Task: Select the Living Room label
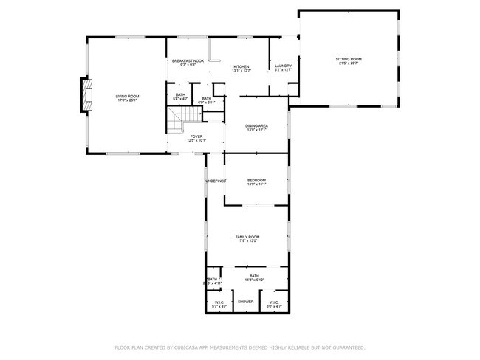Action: point(128,96)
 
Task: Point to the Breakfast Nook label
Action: point(188,61)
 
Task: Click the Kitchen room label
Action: point(241,66)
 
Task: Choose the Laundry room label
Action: point(283,66)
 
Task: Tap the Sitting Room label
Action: point(349,59)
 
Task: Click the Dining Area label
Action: point(256,125)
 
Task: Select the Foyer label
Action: point(196,136)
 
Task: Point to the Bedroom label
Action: point(256,181)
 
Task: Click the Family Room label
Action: point(247,236)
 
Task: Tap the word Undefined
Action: point(215,181)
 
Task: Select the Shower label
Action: point(246,302)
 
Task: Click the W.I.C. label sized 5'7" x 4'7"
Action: point(219,302)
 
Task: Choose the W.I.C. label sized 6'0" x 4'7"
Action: point(272,302)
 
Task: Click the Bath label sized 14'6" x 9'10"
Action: point(254,275)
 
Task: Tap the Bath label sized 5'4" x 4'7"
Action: point(180,94)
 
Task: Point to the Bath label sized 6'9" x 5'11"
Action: point(207,99)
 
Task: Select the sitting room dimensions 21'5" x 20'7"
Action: point(349,63)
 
